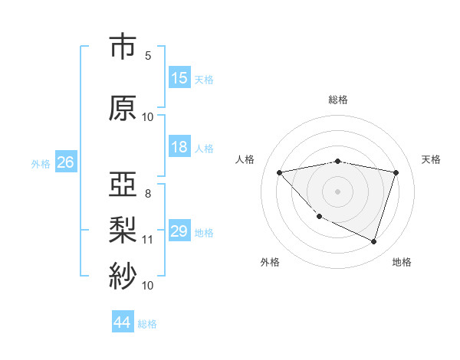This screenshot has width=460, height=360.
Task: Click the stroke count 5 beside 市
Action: point(148,56)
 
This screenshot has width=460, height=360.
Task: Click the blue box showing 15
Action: point(179,78)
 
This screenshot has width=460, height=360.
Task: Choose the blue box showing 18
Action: point(179,147)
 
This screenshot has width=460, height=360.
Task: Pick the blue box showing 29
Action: point(179,231)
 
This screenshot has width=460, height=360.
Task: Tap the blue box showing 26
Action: point(65,162)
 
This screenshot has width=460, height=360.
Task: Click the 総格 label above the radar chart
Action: point(338,100)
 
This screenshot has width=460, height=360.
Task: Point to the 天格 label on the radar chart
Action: point(432,159)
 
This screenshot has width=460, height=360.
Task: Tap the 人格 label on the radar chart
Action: point(245,159)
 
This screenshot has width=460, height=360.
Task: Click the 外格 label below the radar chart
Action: point(270,263)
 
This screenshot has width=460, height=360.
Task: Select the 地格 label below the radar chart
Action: point(402,263)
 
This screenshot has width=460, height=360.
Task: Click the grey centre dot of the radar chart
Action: point(338,191)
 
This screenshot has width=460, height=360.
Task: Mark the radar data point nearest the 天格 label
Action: point(396,172)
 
